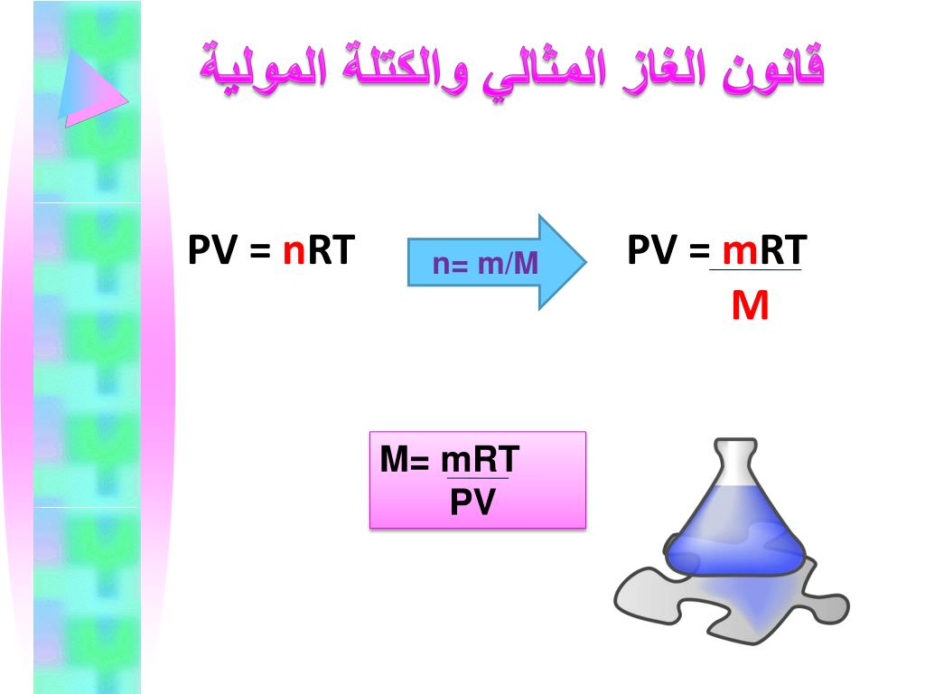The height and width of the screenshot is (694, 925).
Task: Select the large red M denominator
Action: tap(750, 305)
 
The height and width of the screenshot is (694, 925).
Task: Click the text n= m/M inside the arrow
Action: tap(485, 263)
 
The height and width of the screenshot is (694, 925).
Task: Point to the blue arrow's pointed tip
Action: tap(585, 261)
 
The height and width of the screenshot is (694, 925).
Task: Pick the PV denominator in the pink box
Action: tap(472, 502)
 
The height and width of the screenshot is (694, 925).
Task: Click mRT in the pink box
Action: tap(480, 460)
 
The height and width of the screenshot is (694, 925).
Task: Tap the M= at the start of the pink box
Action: tap(404, 460)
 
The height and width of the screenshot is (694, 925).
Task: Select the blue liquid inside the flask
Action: tap(735, 531)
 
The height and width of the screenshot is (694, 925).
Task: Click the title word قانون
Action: tap(773, 68)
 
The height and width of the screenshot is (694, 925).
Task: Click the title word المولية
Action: tap(264, 68)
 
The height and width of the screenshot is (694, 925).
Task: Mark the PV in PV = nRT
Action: tap(212, 250)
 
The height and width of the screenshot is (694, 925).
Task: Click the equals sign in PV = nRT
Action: tap(259, 251)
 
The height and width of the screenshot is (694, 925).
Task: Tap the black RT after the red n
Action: tap(331, 250)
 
